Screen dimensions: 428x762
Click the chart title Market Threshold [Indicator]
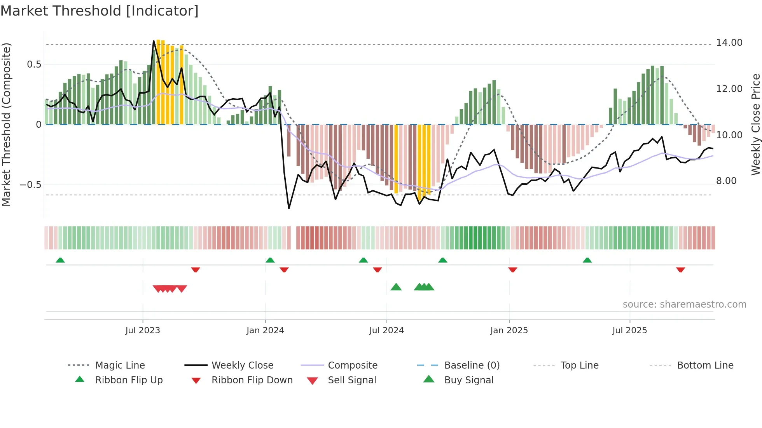click(100, 11)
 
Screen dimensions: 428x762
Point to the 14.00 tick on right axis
click(729, 43)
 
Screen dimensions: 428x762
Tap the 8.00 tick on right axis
click(726, 181)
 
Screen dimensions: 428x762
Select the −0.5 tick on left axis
click(31, 185)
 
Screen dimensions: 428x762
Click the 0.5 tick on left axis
click(34, 64)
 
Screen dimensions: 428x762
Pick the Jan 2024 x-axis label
click(265, 331)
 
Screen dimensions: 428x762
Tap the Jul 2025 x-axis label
click(629, 331)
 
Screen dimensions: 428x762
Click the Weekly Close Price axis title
click(755, 124)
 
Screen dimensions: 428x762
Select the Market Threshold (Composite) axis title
click(6, 124)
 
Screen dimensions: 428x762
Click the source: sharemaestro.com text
click(684, 304)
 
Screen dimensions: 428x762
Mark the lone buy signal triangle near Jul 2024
click(396, 287)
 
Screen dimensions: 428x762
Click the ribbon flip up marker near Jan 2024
click(270, 260)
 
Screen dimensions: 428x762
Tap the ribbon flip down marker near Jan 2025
click(512, 270)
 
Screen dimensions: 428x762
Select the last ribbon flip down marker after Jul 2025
click(680, 270)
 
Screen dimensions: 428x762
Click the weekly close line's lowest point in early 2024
click(289, 209)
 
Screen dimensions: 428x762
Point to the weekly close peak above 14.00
click(154, 40)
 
